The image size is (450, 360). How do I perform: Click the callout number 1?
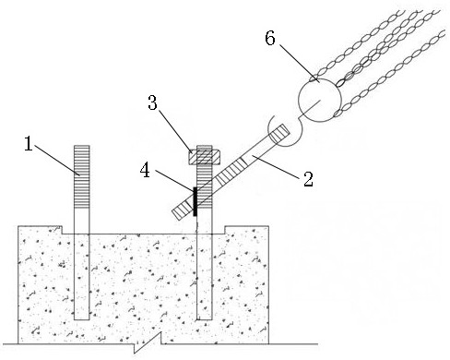tap(29, 144)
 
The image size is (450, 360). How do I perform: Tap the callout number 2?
tap(308, 179)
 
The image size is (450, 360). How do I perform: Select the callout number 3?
tap(152, 102)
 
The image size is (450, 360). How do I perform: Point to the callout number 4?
tap(145, 171)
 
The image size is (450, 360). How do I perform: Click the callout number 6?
tap(270, 39)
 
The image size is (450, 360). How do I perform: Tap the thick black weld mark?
tap(195, 201)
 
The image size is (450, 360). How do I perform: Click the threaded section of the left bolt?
tap(81, 176)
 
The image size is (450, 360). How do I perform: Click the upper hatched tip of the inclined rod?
tap(279, 134)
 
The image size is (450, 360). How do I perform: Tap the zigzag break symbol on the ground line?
tap(148, 342)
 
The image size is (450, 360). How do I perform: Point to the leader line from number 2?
tap(276, 167)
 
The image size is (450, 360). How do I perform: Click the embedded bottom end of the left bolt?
tap(82, 319)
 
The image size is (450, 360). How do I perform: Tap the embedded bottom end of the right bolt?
tap(205, 319)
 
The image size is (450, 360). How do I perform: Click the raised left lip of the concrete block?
tap(40, 230)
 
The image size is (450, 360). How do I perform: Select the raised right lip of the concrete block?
tap(247, 230)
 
